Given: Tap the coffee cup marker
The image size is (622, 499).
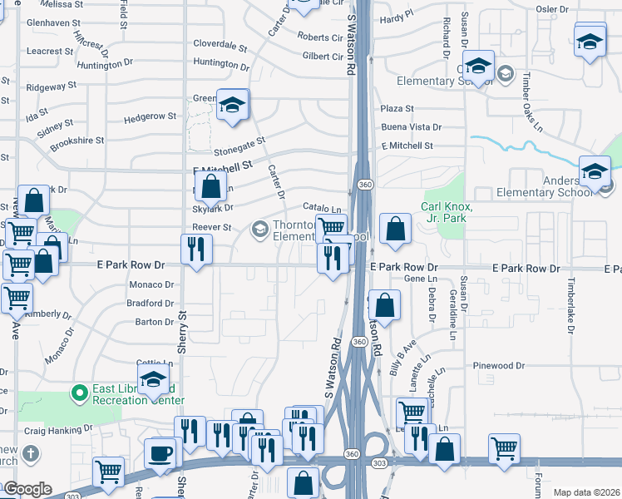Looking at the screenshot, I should (x=160, y=453).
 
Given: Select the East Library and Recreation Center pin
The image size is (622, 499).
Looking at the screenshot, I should (x=80, y=391).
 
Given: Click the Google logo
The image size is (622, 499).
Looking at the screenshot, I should (x=27, y=489).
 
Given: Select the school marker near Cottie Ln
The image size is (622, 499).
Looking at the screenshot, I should (x=154, y=381).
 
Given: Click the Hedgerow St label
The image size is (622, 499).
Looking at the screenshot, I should (x=150, y=116).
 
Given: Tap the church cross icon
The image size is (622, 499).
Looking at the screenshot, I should (x=31, y=454).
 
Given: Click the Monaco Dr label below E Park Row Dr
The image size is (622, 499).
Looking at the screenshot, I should (x=152, y=284).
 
